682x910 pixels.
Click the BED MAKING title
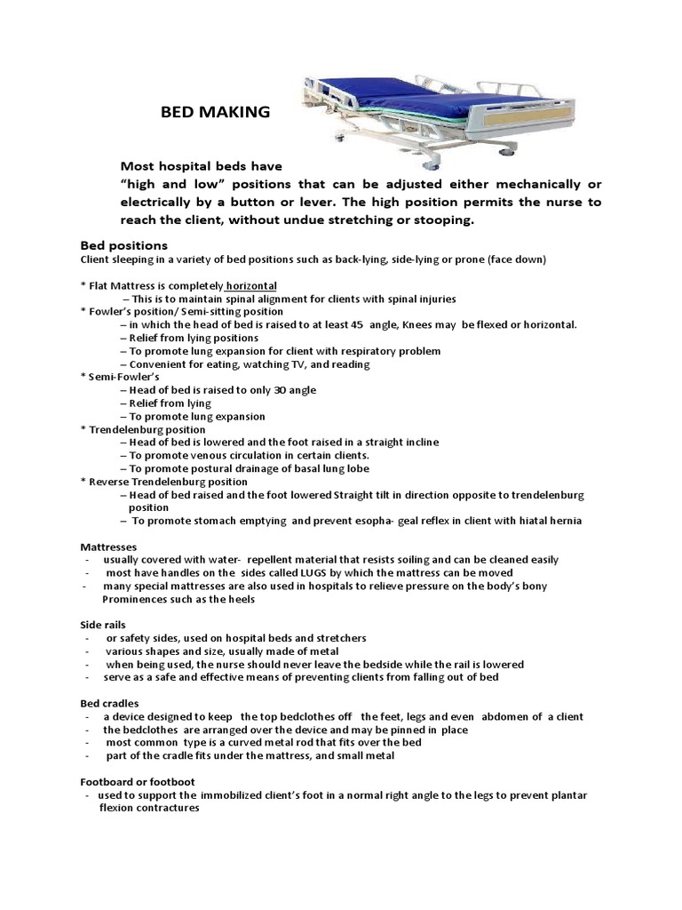pyautogui.click(x=214, y=112)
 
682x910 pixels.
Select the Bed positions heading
pyautogui.click(x=124, y=244)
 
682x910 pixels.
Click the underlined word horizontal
pyautogui.click(x=250, y=286)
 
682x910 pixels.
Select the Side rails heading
pyautogui.click(x=105, y=626)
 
